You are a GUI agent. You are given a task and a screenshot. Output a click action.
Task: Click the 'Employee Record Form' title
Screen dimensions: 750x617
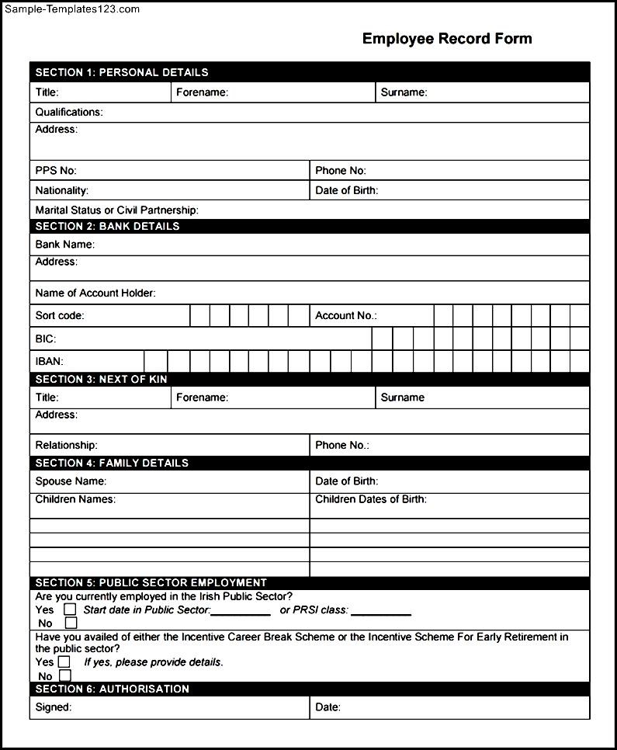447,39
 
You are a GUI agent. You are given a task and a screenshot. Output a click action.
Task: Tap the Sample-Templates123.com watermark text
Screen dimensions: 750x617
71,9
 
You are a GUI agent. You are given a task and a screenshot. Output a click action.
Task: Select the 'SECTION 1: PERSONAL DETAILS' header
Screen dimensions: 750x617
122,72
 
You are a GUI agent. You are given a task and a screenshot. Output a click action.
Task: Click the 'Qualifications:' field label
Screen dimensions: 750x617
69,113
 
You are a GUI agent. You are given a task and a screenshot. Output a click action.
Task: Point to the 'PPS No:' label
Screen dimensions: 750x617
56,171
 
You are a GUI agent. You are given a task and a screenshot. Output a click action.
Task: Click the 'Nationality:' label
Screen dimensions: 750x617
62,191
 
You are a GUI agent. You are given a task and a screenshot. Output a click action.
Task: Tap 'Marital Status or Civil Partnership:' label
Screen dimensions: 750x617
117,210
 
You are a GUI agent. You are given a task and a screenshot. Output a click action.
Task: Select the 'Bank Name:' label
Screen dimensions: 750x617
65,245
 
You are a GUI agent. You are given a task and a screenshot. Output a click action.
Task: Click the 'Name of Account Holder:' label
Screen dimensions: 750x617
95,293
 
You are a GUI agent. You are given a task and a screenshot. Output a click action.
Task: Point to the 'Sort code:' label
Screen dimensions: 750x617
60,316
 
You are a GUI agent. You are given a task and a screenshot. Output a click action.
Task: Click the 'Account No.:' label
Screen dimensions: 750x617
346,316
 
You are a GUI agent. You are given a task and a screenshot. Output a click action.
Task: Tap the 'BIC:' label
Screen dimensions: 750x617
46,339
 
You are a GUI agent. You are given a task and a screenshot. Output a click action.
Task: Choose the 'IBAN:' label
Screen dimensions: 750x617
50,362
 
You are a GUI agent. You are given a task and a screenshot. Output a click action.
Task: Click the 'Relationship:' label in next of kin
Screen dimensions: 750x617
67,446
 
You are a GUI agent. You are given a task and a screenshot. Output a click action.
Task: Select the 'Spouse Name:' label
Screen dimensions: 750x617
71,481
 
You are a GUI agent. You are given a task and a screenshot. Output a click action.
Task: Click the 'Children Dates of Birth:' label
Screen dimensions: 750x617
371,500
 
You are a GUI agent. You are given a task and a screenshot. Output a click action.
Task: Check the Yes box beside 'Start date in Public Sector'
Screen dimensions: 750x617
70,609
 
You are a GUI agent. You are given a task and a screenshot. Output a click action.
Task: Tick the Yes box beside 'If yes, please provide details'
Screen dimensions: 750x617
64,662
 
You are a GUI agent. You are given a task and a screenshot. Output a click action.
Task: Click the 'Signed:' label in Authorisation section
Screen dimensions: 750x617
54,707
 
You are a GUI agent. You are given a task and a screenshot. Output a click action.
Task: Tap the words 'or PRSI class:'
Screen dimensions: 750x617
314,610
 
